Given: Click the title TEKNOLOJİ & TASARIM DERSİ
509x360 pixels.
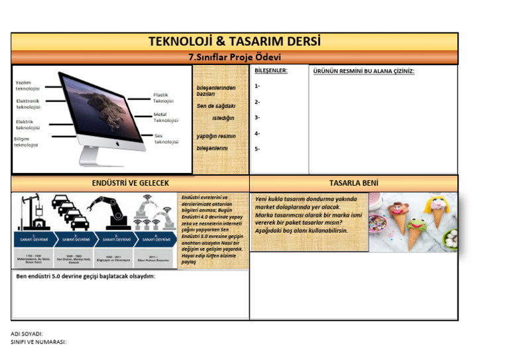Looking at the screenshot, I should point(235,42).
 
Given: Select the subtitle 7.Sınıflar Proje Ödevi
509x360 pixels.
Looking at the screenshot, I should point(235,58).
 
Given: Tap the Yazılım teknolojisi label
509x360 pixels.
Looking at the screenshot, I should point(28,86).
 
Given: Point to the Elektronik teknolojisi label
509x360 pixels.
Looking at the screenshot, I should point(28,103).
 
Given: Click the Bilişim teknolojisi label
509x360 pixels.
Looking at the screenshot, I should point(26,142).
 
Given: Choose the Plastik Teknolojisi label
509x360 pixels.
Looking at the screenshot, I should point(164,98).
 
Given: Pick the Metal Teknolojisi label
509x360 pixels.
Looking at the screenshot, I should point(166,117).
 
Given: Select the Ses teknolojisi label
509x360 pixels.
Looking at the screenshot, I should point(166,139).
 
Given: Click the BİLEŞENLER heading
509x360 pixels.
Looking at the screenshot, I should point(271,71).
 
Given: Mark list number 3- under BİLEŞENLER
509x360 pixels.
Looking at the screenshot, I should point(257,118).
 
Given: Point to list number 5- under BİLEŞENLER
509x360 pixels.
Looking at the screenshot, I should point(257,149).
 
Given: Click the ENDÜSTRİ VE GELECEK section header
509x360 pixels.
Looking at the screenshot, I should point(131,183).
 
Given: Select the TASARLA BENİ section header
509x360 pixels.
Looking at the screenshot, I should point(354,183).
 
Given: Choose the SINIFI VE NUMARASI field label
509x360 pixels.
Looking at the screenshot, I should point(38,342).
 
